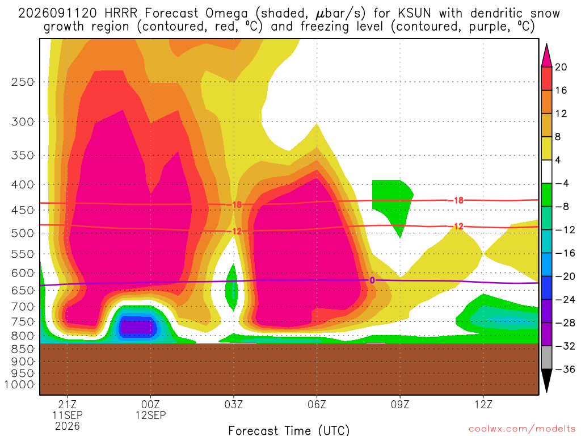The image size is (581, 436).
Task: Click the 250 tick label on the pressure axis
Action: (x=23, y=82)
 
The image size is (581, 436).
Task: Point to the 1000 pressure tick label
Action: (x=19, y=384)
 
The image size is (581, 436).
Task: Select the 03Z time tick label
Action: (x=233, y=404)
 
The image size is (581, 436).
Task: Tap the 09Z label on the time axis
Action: (x=400, y=404)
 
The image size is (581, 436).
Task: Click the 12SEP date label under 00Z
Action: (x=150, y=415)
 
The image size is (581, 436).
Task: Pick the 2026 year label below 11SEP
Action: (x=67, y=426)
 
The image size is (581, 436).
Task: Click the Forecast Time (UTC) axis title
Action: (x=289, y=430)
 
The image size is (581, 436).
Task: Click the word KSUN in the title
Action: (x=414, y=13)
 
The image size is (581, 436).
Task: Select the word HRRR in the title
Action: (x=121, y=13)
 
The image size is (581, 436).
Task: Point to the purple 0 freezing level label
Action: (x=372, y=280)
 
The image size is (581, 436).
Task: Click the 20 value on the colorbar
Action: (x=561, y=67)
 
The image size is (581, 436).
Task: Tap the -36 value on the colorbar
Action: (x=565, y=369)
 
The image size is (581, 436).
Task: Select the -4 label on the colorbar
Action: (x=562, y=183)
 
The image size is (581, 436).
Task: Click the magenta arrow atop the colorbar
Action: (x=546, y=56)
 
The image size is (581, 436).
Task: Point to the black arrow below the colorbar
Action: (x=546, y=380)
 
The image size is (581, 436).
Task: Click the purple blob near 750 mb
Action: (x=137, y=327)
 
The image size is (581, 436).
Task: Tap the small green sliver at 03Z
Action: (x=232, y=287)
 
